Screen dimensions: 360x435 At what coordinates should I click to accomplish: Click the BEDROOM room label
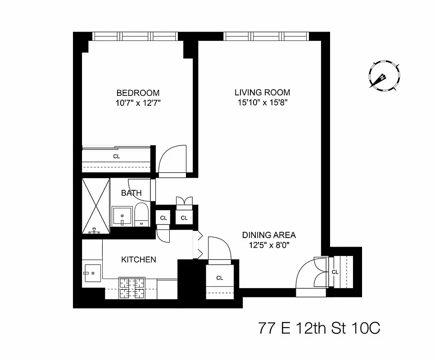tap(138, 93)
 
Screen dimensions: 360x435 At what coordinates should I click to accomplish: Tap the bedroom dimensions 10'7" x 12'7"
tap(138, 103)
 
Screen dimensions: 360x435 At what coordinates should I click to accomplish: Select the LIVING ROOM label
tap(262, 92)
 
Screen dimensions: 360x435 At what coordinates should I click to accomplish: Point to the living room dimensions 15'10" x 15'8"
tap(262, 102)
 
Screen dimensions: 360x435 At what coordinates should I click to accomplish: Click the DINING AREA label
tap(269, 235)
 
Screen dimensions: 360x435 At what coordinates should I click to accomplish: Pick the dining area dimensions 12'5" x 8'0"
tap(269, 245)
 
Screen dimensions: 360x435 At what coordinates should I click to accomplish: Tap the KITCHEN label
tap(139, 260)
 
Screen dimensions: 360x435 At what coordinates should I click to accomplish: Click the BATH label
tap(131, 193)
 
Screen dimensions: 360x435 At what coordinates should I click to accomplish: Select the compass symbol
tap(384, 76)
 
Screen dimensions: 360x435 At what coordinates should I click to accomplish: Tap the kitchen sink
tap(92, 273)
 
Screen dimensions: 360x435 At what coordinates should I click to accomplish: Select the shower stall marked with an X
tap(96, 206)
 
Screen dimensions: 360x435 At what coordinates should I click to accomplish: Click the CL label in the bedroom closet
tap(116, 157)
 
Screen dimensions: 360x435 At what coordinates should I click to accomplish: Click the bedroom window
tap(135, 36)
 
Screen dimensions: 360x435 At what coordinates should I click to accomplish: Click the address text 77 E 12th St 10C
tap(319, 328)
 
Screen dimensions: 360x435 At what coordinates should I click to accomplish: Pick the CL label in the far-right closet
tap(335, 272)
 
